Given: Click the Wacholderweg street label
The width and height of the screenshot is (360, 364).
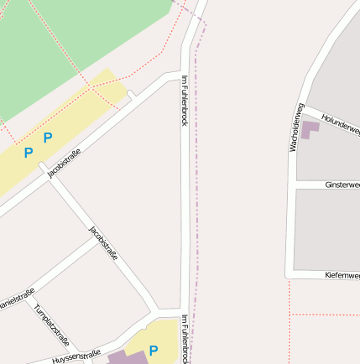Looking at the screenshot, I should (295, 127).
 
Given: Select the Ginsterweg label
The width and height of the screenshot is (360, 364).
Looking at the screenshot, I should (342, 184).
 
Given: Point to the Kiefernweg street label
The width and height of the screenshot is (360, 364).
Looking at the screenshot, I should (342, 274).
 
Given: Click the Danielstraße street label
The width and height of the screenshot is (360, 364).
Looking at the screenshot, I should (17, 299).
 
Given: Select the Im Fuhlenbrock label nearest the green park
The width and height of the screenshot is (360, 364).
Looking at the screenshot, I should (185, 101).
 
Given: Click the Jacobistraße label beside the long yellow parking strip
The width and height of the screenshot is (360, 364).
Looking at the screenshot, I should (64, 162).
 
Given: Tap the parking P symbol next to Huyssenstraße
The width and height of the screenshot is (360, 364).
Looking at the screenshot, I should (154, 350).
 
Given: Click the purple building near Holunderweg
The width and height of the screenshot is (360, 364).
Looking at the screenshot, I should (310, 130).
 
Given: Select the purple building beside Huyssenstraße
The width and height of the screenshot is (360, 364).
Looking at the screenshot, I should (126, 357).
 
